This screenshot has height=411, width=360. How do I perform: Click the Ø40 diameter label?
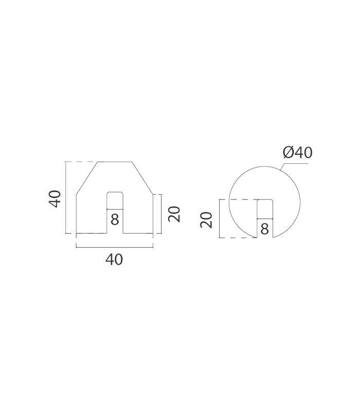[x=298, y=152]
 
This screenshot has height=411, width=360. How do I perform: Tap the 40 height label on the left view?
[x=55, y=199]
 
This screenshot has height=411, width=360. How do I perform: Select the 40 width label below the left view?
[x=114, y=259]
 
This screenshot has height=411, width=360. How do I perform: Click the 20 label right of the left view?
[x=174, y=214]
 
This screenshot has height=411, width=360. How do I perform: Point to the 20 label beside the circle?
[x=206, y=220]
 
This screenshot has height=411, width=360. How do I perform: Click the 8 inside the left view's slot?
[x=115, y=219]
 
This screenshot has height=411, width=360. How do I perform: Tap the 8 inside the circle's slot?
[x=265, y=229]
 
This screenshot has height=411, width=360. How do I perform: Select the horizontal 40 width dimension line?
[x=114, y=247]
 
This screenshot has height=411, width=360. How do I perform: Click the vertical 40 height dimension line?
[x=65, y=197]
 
